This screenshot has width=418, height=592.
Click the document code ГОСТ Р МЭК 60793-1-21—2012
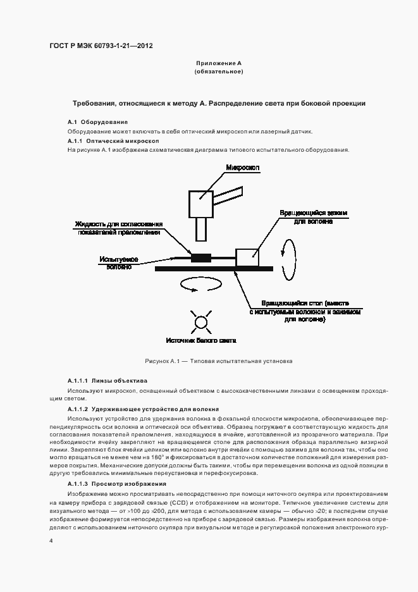(101, 46)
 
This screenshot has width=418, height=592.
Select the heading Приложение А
(219, 64)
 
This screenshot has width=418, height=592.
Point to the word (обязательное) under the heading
(219, 71)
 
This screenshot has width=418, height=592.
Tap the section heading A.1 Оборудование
(98, 121)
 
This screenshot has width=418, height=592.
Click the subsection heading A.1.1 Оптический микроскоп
(113, 140)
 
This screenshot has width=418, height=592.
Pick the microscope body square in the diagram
(201, 202)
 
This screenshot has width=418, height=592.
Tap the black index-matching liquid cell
(201, 257)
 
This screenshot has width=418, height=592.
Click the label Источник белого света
(201, 340)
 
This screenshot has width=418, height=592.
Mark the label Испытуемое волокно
(118, 263)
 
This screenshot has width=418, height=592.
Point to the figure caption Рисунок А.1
(218, 362)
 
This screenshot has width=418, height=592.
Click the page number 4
(51, 541)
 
